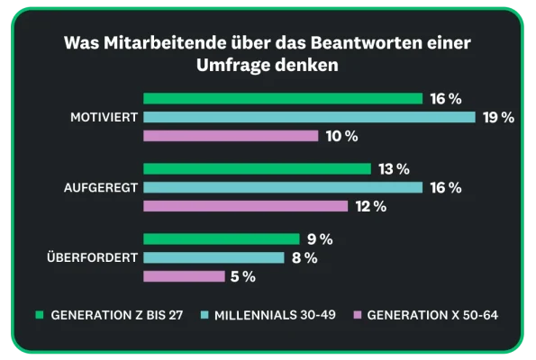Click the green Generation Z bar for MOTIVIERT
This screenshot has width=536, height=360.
coord(283,98)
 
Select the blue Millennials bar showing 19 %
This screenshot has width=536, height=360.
coord(309,117)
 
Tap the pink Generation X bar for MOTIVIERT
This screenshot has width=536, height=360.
coord(231,136)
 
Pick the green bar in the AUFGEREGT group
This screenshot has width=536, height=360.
coord(257,169)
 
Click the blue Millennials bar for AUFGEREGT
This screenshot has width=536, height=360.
coord(283,187)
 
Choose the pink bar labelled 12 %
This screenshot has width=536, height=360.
coord(245,206)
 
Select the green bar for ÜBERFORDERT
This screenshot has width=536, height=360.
coord(221,239)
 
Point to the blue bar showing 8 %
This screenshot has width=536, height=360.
coord(213,258)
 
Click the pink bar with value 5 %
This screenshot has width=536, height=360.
coord(184,276)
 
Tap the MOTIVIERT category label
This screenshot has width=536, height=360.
coord(104,117)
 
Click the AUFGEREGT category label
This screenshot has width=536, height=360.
coord(101,187)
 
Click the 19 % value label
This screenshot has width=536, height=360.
coord(497,117)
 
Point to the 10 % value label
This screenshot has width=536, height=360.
coord(341,136)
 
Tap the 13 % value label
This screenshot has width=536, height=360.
coord(394,169)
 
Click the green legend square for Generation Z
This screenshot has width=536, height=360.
coord(40,315)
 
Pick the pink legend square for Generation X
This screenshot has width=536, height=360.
coord(358,315)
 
